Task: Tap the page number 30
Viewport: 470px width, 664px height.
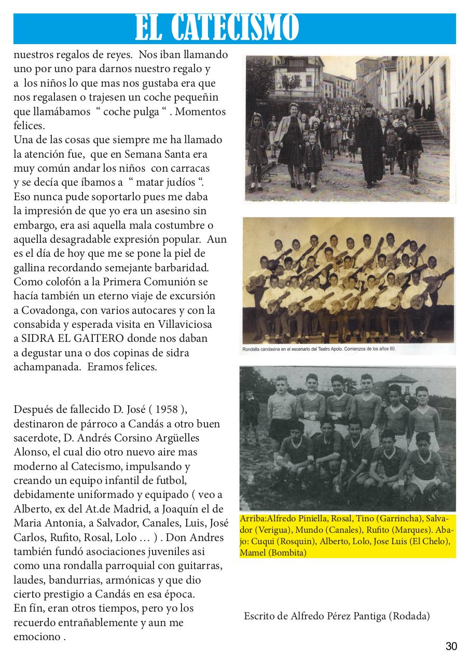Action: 451,646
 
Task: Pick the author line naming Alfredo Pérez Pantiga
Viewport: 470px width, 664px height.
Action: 337,616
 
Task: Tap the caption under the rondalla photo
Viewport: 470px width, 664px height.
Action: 319,349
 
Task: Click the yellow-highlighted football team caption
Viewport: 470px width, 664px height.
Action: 347,536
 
